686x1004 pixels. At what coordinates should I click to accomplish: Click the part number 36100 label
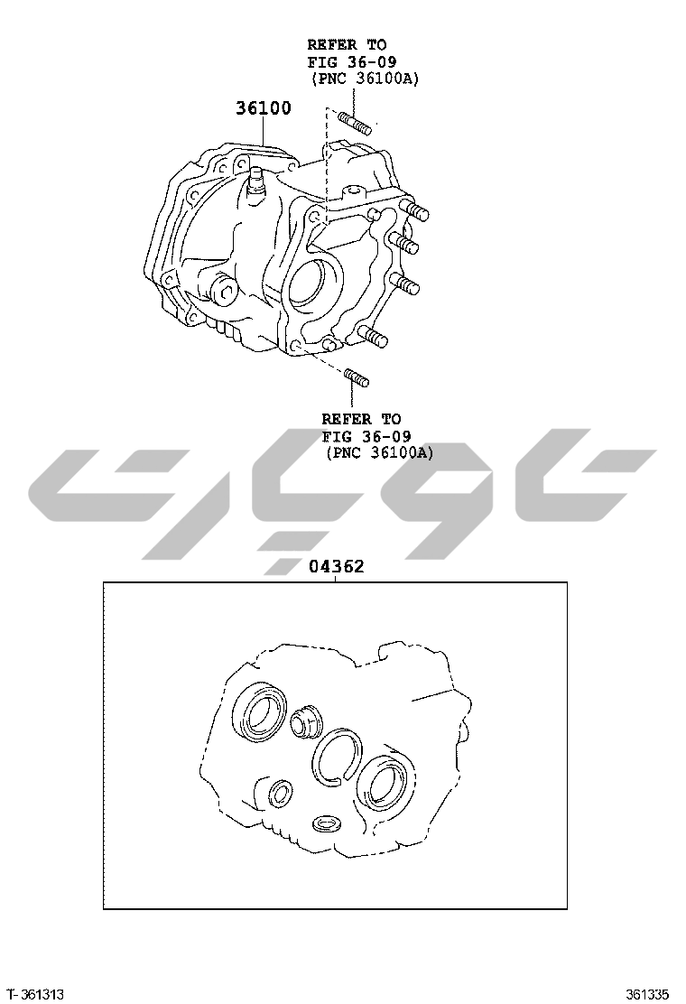coord(263,107)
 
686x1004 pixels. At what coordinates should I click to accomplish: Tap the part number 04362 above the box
coord(337,566)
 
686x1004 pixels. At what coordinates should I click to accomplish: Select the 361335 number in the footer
coord(647,994)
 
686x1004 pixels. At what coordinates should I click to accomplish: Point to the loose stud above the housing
coord(355,124)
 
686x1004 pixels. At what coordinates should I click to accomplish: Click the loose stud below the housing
coord(357,377)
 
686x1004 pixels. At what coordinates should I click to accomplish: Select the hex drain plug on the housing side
coord(223,292)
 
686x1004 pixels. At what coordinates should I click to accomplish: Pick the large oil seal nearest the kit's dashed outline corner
coord(260,711)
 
